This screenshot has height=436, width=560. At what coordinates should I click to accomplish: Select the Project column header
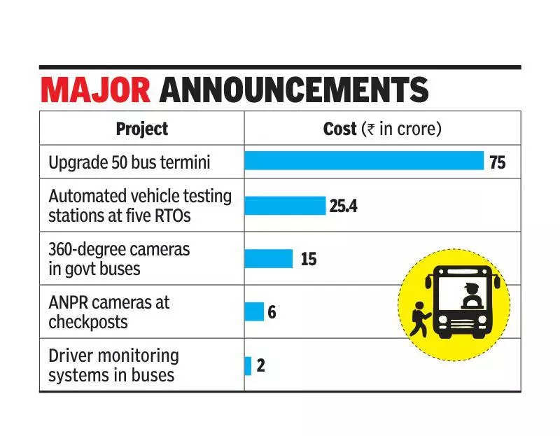click(141, 129)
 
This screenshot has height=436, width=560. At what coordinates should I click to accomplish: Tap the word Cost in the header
click(339, 129)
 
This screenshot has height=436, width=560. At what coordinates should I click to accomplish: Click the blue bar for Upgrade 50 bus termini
click(364, 161)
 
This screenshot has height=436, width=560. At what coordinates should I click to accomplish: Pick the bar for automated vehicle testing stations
click(285, 206)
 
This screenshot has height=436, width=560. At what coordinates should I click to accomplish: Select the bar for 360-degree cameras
click(268, 258)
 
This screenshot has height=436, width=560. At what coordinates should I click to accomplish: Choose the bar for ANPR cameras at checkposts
click(254, 311)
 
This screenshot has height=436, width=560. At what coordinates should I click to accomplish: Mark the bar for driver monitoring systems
click(248, 365)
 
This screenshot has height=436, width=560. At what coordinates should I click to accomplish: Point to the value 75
click(497, 162)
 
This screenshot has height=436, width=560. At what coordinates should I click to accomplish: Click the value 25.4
click(343, 206)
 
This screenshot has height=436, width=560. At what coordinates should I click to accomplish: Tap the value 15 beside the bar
click(308, 259)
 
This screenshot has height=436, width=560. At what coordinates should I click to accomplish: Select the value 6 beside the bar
click(272, 312)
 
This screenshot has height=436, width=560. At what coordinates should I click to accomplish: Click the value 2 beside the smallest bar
click(260, 365)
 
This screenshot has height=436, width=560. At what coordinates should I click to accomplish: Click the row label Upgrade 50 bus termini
click(129, 163)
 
